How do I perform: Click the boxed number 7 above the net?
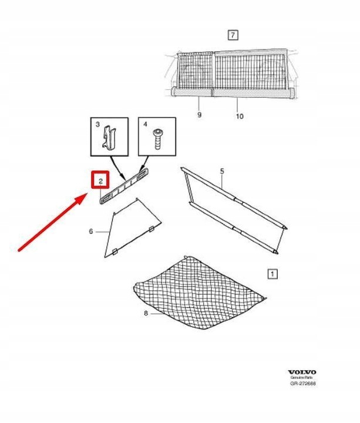(233, 35)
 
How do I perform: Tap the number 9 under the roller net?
(199, 115)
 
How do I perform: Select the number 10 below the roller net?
(239, 116)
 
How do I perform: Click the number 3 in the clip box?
(98, 125)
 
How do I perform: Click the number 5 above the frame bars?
(222, 172)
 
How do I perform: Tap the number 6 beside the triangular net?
(91, 231)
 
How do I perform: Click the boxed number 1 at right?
(271, 273)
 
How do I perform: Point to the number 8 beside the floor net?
(146, 313)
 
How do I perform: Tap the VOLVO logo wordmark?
(302, 372)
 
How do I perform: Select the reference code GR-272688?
(302, 384)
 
